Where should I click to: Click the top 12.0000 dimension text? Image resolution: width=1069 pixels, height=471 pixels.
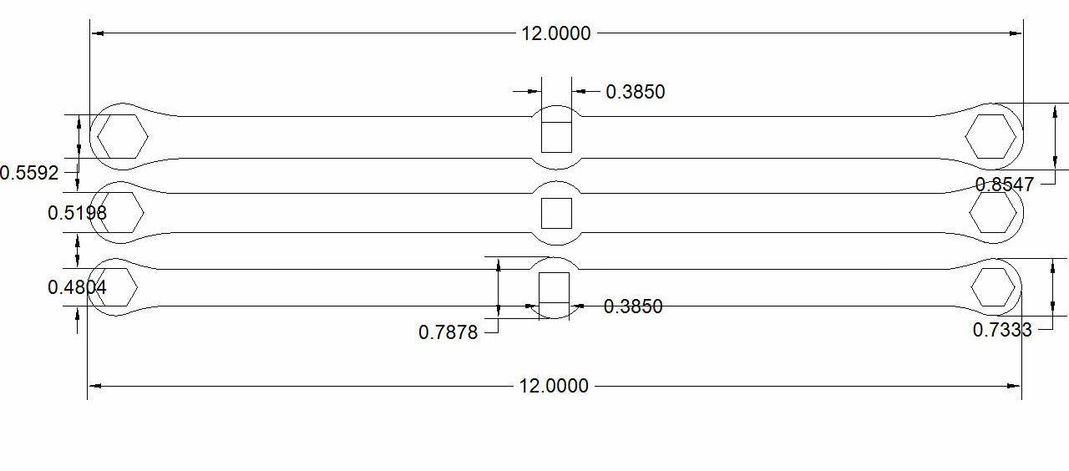(555, 33)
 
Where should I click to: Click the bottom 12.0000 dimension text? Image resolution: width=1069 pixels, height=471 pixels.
(554, 386)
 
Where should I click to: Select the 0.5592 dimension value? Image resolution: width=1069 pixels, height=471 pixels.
(29, 172)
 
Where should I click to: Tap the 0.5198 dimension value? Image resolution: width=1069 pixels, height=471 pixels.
(77, 212)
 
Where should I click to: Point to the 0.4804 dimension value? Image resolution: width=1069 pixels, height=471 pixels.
(77, 286)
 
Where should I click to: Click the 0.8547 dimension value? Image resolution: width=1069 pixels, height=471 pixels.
(1004, 185)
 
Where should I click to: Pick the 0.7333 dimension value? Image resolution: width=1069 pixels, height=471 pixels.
(1002, 329)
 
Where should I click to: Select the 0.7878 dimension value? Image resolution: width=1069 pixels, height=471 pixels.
(448, 332)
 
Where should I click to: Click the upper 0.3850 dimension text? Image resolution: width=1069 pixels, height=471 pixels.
(636, 92)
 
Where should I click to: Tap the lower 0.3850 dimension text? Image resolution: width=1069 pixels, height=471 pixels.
(633, 306)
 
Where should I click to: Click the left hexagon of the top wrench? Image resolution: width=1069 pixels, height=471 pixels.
(98, 136)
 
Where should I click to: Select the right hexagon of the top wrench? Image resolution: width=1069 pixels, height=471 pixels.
(965, 136)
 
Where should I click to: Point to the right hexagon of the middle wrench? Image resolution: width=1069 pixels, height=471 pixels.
(970, 212)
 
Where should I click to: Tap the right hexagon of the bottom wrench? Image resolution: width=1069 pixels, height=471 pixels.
(971, 286)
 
